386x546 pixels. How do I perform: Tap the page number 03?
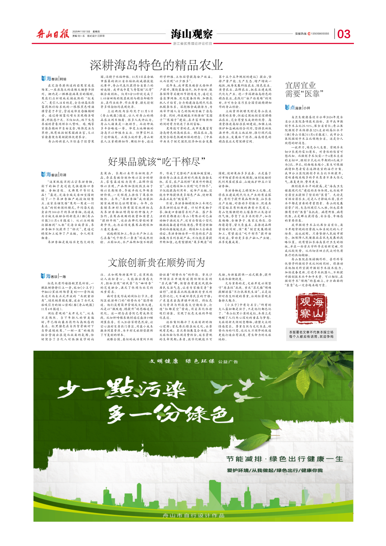344,33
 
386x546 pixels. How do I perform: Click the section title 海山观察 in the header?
192,33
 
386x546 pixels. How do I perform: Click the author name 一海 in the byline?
63,276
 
